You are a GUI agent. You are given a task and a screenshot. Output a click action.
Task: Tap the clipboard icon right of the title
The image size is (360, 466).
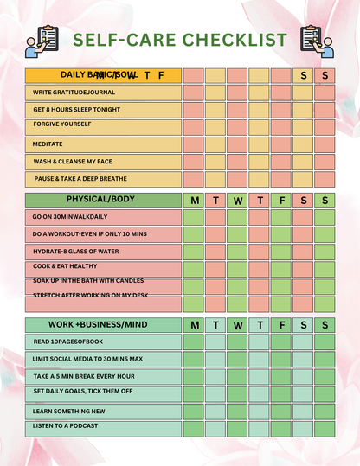[x=315, y=41]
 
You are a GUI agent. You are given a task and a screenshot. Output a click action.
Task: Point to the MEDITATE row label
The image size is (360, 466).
[x=48, y=144]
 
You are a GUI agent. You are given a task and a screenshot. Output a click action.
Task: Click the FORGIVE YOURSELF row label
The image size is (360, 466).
[x=62, y=124]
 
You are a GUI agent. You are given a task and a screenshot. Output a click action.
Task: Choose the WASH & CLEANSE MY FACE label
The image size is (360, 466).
[x=73, y=162]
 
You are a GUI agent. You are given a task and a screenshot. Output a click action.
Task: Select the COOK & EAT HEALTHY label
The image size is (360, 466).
[x=65, y=266]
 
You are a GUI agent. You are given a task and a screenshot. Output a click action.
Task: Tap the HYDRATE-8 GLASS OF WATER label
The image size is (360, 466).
[x=77, y=250]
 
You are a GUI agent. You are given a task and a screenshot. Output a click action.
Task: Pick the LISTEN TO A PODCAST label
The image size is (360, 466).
[x=66, y=426]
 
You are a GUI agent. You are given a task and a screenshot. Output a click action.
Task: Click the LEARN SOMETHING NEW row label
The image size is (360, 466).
[x=69, y=412]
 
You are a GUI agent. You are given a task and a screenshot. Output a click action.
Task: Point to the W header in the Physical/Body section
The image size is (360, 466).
[x=238, y=201]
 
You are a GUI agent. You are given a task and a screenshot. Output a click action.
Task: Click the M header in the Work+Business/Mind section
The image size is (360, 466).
[x=194, y=325]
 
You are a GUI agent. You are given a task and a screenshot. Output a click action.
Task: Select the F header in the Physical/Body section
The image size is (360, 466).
[x=282, y=201]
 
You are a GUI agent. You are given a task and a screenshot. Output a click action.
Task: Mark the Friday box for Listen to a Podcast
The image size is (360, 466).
[x=282, y=428]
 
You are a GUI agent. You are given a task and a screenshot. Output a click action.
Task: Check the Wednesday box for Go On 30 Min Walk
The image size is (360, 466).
[x=238, y=217]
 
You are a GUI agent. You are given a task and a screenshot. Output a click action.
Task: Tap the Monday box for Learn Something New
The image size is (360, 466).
[x=194, y=411]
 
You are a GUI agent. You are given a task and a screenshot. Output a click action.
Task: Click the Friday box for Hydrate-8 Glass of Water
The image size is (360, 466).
[x=282, y=251]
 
